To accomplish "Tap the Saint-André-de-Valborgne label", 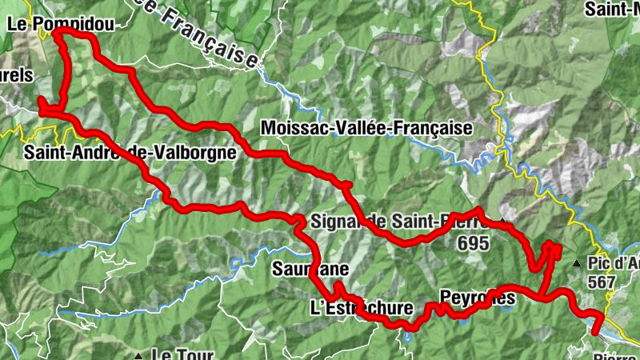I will (x=130, y=152).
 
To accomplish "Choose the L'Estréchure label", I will (x=361, y=308).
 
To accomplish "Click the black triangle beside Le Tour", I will (x=139, y=352).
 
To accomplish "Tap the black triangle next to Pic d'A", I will (x=577, y=263).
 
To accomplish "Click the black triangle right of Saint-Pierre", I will (x=502, y=221).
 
